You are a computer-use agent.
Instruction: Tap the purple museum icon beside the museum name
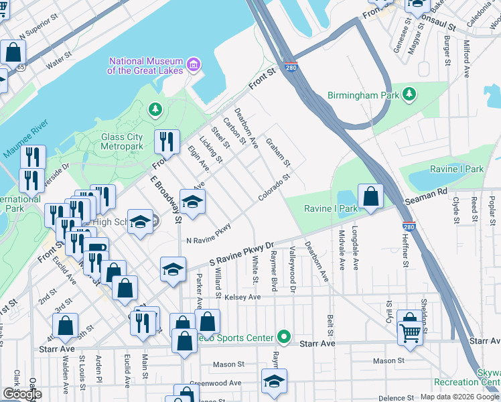pos(194,65)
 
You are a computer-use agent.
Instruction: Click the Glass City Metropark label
pos(122,141)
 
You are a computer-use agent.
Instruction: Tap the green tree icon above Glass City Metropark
pos(155,109)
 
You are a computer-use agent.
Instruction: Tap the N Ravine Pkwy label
pos(208,235)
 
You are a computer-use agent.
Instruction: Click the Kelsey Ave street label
pos(242,297)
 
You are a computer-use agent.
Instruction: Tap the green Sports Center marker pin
pos(285,337)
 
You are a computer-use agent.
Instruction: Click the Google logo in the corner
pos(21,394)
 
